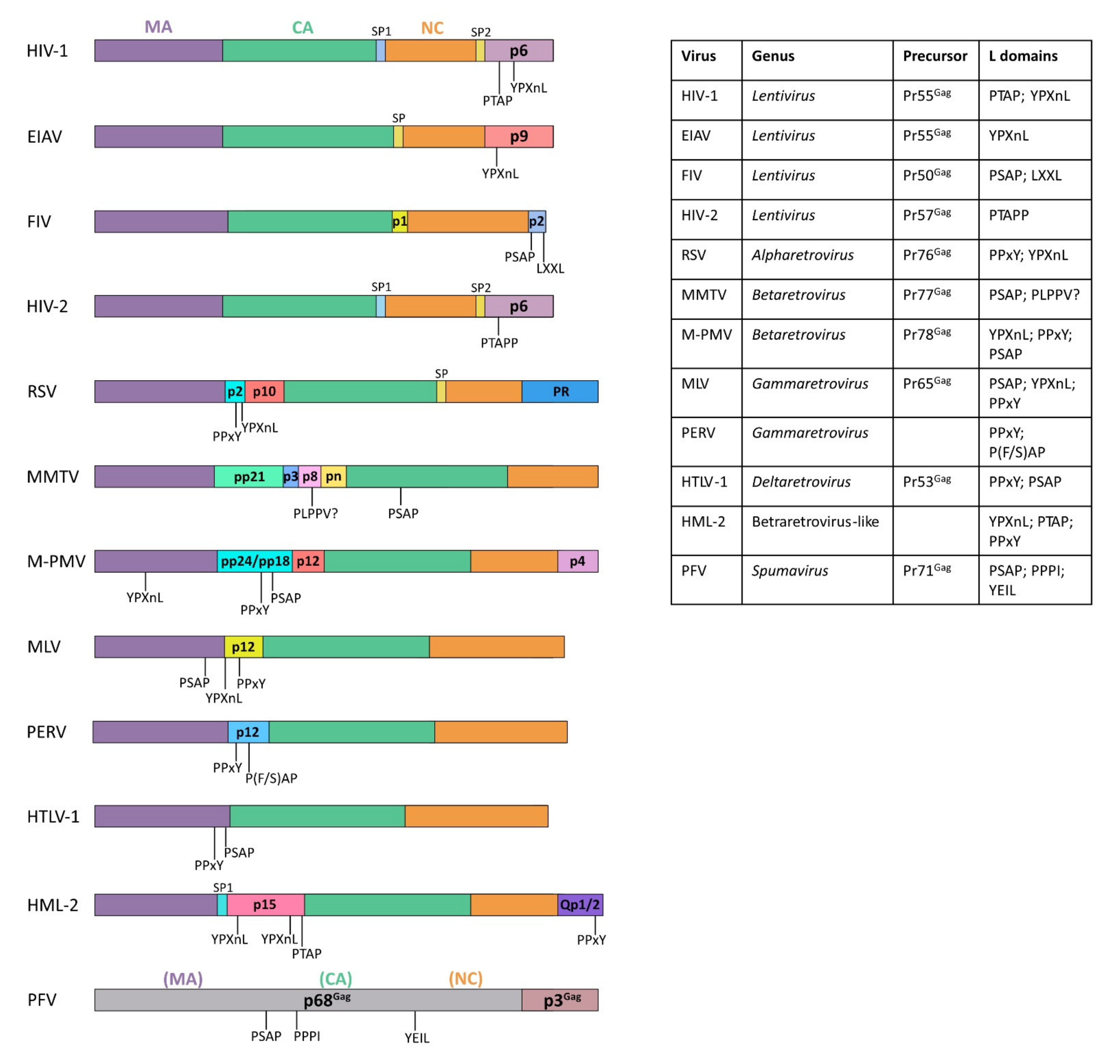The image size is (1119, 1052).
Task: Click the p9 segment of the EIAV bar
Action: (x=518, y=137)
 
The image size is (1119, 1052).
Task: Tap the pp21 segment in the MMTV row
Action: (x=249, y=477)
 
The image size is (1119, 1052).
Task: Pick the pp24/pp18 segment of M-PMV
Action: (x=255, y=561)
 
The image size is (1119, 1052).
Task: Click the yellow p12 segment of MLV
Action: (x=243, y=647)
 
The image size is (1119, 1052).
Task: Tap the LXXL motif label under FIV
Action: (x=550, y=269)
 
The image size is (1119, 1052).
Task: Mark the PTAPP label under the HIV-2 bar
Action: (x=499, y=343)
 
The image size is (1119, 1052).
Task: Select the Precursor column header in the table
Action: (x=934, y=56)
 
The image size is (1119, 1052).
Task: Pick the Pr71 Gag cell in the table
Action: (x=927, y=571)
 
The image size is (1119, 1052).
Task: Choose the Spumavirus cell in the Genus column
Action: (x=790, y=571)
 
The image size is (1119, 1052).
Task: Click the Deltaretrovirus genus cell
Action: (x=801, y=482)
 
